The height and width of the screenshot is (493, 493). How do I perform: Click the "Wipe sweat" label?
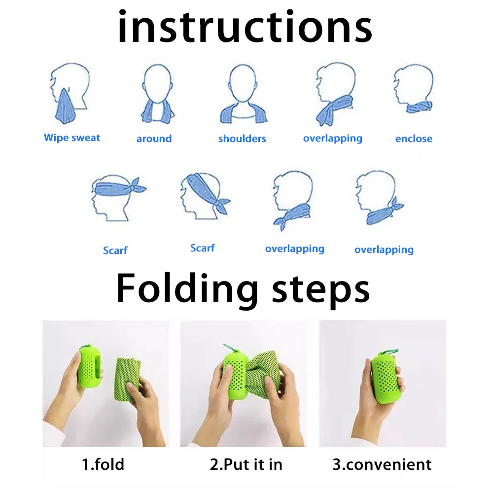coord(72,138)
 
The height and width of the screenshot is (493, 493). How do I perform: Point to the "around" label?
coord(154,139)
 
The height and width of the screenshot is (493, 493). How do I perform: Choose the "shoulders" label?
coord(242,139)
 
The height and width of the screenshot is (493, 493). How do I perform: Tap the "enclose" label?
coord(414,139)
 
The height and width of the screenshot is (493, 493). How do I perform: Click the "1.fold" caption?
coord(103,464)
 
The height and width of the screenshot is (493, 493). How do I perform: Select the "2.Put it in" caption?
coord(246,464)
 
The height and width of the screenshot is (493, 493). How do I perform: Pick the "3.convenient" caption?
coord(382,464)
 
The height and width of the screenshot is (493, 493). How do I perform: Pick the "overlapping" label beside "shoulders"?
coord(332,139)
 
